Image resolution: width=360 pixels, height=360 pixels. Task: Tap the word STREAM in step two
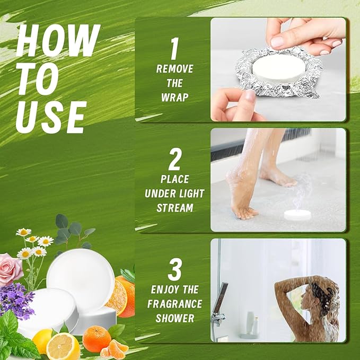pos(174,208)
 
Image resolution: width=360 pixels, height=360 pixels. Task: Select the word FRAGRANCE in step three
pos(174,304)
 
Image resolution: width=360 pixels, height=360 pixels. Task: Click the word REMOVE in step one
pos(174,69)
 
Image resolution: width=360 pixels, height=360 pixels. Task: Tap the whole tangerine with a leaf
pos(96,339)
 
